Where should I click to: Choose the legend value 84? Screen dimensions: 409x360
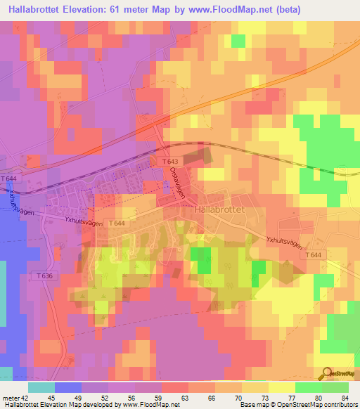pos(344,398)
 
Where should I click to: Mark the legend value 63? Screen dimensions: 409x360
pos(186,398)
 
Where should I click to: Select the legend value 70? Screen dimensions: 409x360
pos(238,398)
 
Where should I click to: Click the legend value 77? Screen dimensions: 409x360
pos(291,398)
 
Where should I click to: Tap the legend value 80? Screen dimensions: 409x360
pos(318,398)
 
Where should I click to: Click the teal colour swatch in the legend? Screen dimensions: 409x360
pos(41,387)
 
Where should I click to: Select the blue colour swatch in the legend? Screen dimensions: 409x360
pos(67,387)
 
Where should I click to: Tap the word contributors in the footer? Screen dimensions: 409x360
pos(339,405)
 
